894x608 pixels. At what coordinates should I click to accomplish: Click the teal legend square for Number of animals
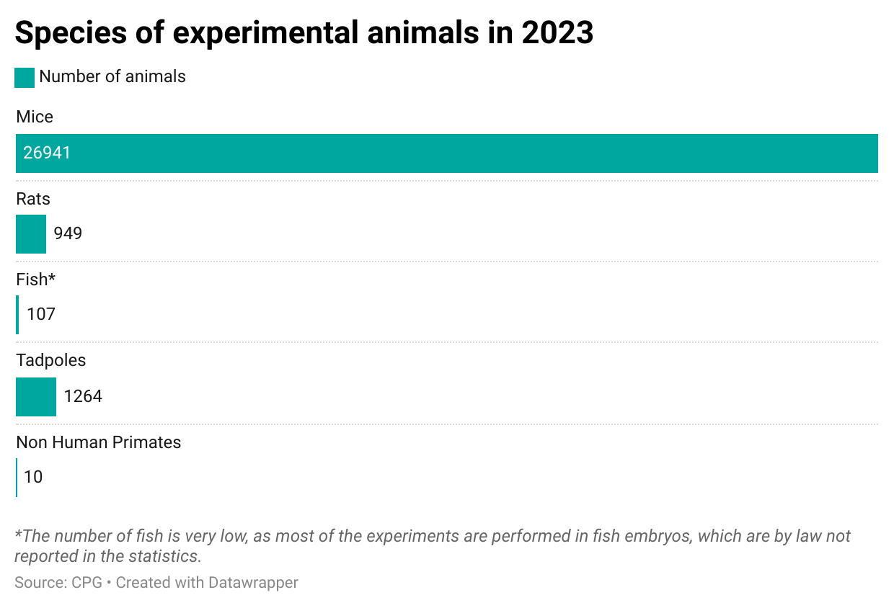tap(25, 78)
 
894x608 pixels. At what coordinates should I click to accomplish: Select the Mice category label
tap(35, 117)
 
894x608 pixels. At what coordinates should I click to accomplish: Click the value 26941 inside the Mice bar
tap(47, 153)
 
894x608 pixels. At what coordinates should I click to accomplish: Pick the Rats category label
tap(33, 198)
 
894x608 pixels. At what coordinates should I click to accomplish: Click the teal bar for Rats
tap(31, 234)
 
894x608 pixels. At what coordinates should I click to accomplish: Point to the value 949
tap(68, 233)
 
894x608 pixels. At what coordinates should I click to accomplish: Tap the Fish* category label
tap(36, 280)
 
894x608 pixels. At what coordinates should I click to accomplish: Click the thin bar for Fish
tap(17, 315)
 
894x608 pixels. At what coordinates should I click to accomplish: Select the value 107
tap(41, 314)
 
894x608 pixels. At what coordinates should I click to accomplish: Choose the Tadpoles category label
tap(51, 360)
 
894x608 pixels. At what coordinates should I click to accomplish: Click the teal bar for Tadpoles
tap(36, 397)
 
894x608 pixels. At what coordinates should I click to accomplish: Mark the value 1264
tap(83, 396)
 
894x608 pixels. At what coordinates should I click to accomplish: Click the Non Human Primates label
tap(99, 442)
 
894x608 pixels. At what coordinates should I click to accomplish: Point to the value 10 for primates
tap(33, 477)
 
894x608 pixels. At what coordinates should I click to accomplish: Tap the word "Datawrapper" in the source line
tap(253, 582)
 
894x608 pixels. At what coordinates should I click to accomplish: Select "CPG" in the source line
tap(87, 582)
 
